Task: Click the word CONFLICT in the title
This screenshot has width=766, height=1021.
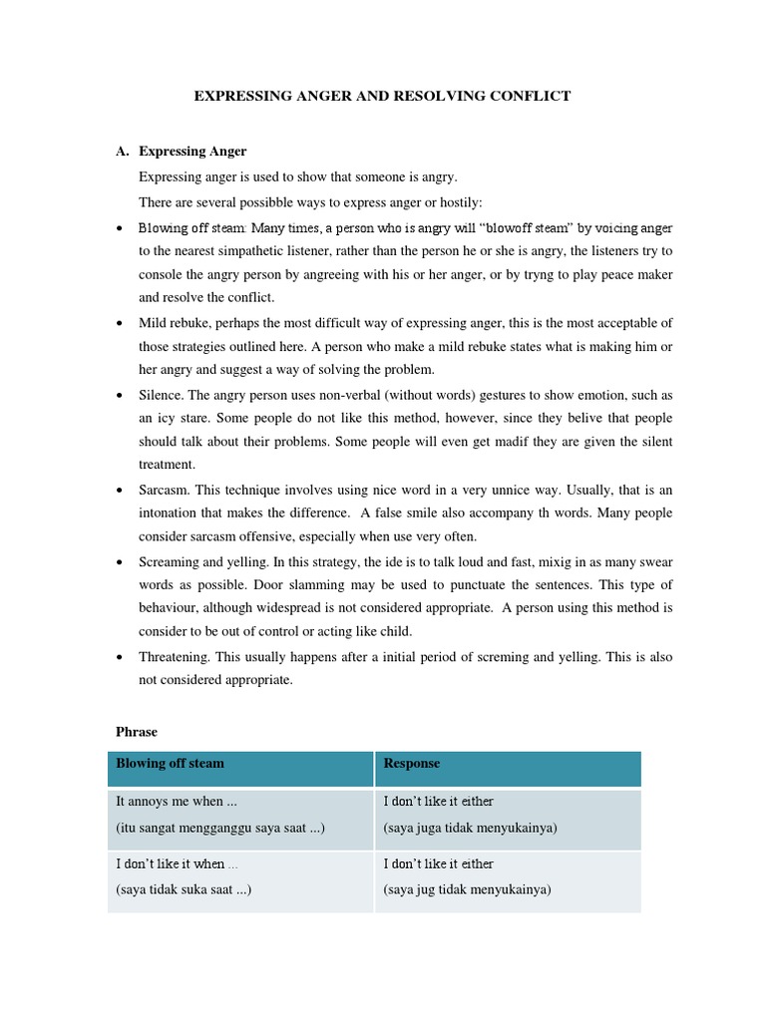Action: point(530,96)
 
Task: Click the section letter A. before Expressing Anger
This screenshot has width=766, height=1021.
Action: point(123,152)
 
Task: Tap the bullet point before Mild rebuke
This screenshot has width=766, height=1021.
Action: point(120,323)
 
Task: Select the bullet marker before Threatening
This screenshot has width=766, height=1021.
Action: point(120,656)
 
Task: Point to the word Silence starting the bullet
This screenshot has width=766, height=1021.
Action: point(161,395)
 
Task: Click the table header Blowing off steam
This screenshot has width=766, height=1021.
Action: point(170,763)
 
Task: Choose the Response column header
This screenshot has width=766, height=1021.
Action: point(412,763)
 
